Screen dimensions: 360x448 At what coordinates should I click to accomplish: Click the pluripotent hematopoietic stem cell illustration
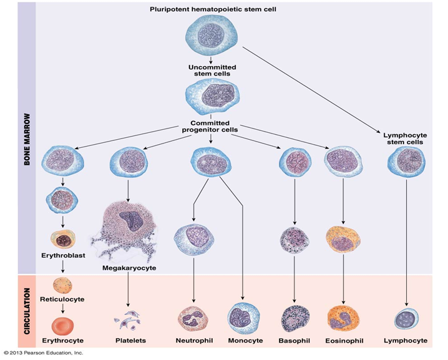pyautogui.click(x=212, y=34)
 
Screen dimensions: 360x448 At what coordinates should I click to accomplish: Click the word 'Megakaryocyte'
pyautogui.click(x=128, y=268)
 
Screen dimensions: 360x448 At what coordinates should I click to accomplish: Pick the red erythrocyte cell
pyautogui.click(x=62, y=325)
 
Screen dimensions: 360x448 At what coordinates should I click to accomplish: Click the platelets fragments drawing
pyautogui.click(x=129, y=322)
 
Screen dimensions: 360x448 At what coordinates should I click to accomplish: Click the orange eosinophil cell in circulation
pyautogui.click(x=343, y=318)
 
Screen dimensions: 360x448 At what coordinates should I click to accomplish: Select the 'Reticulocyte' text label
pyautogui.click(x=62, y=299)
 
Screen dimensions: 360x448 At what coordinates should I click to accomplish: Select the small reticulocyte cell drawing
pyautogui.click(x=62, y=284)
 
